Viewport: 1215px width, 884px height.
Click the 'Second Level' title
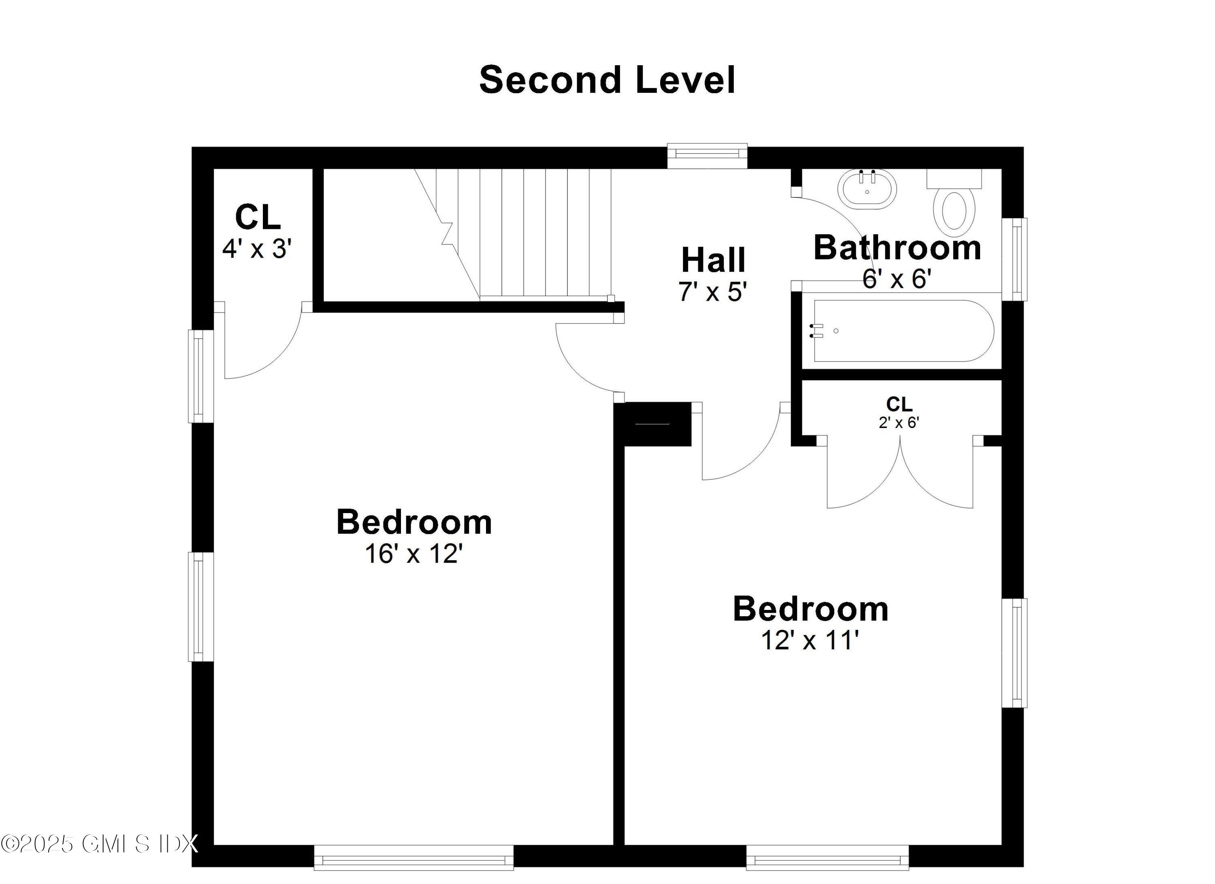tap(607, 80)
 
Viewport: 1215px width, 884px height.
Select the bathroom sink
tap(867, 189)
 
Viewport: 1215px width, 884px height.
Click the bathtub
tap(903, 331)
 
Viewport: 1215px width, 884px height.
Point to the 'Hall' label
tap(713, 261)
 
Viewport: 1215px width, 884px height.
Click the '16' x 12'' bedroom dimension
tap(414, 554)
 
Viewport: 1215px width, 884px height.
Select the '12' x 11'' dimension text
tap(810, 640)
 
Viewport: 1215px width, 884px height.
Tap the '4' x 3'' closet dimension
tap(257, 249)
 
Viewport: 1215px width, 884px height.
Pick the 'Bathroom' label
tap(897, 248)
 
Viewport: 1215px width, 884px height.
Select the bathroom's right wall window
tap(1015, 259)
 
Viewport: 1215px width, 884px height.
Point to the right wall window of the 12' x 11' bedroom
tap(1015, 653)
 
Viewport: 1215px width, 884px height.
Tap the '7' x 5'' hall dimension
tap(713, 292)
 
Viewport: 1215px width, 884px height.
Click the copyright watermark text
tap(100, 844)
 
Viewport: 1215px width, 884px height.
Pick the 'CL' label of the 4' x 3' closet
tap(258, 217)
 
